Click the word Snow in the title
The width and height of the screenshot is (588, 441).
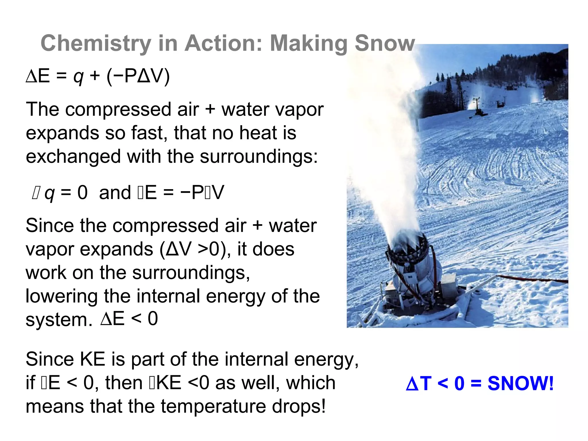[x=385, y=43]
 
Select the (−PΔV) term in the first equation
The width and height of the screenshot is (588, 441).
[x=138, y=76]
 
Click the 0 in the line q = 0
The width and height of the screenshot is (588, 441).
[x=82, y=192]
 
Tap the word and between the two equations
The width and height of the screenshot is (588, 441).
[x=115, y=193]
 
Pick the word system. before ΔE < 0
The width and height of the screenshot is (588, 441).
[x=59, y=320]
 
